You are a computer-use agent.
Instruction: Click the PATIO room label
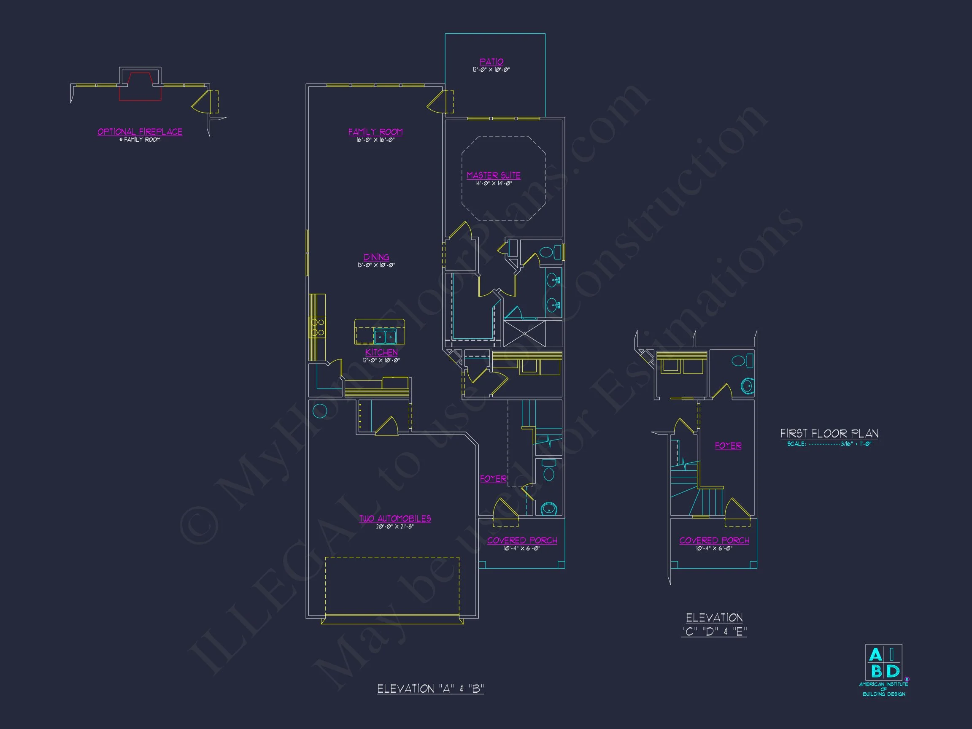(491, 62)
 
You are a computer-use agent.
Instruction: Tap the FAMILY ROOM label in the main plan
(375, 132)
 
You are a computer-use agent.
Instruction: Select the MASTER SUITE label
(494, 175)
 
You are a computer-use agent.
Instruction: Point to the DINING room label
(376, 257)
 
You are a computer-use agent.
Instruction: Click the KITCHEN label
(381, 352)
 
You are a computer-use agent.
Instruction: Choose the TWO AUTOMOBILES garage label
(395, 518)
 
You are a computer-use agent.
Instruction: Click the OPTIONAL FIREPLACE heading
(140, 132)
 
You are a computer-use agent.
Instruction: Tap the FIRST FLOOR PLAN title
(829, 434)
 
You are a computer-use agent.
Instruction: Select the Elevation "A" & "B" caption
(430, 688)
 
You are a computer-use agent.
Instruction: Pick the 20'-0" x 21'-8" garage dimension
(394, 527)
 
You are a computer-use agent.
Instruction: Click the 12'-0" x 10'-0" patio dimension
(491, 70)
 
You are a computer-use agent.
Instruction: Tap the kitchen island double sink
(385, 337)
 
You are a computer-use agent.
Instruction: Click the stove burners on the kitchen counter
(317, 328)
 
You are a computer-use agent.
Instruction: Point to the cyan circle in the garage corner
(319, 411)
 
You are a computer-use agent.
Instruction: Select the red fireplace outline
(140, 86)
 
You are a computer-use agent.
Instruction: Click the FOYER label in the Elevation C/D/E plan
(728, 446)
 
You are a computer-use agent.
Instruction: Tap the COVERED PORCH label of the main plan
(522, 540)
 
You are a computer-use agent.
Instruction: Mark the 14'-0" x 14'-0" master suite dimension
(494, 184)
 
